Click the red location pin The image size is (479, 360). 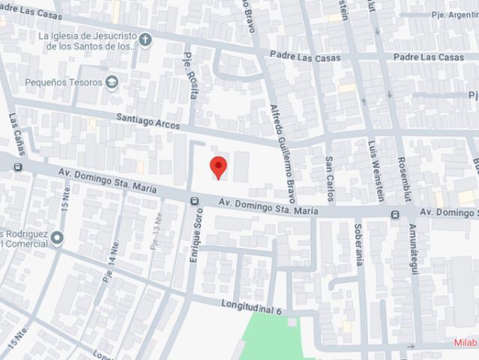(218, 166)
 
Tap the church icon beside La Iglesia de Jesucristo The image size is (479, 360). (145, 40)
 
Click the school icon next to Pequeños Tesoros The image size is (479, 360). (112, 82)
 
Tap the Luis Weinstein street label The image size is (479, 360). (375, 170)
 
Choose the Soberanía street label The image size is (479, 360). (359, 244)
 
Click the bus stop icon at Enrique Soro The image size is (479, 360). (195, 200)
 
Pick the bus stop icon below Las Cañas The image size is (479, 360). (17, 166)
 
